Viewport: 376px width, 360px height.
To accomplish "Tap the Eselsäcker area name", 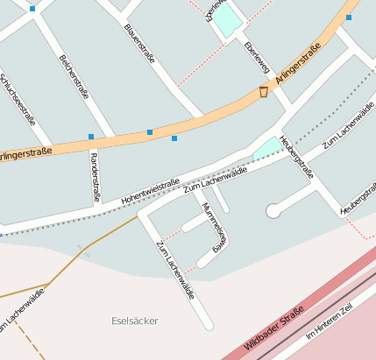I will click(x=136, y=321).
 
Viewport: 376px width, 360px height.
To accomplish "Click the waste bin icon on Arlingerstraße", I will click(x=263, y=92).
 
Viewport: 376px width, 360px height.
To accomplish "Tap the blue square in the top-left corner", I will click(x=32, y=9).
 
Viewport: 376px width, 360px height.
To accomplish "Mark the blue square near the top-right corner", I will click(x=349, y=17).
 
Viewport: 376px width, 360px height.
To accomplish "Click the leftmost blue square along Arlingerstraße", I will click(x=91, y=137).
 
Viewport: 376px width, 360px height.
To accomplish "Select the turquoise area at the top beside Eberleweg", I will click(x=227, y=20).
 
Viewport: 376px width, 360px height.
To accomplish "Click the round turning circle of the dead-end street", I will click(x=273, y=210).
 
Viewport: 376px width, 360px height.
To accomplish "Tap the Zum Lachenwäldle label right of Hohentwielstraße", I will click(x=215, y=178).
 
